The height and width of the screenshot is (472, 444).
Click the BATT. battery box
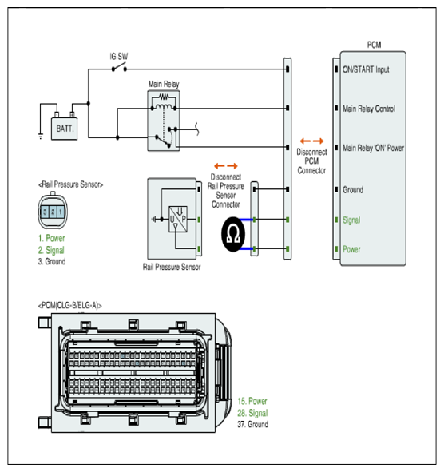(x=64, y=129)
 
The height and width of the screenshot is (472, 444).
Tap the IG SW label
(x=119, y=56)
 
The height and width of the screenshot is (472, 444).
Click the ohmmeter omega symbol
(x=233, y=234)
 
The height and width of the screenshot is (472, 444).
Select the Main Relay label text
(x=164, y=84)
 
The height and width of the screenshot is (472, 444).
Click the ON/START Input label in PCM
(x=366, y=69)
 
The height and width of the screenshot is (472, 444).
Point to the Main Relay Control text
(x=369, y=109)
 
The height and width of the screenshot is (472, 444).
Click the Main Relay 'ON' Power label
(x=373, y=148)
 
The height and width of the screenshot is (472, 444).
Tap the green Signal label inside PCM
(x=351, y=220)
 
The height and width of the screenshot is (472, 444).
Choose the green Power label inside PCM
(x=351, y=249)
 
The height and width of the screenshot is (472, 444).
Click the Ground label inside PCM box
(x=353, y=189)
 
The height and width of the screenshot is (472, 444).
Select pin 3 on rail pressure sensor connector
(x=45, y=212)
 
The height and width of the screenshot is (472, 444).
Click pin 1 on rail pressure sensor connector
(x=60, y=212)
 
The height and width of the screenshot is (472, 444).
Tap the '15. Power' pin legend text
(x=252, y=401)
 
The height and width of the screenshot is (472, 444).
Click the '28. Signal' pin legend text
(x=252, y=413)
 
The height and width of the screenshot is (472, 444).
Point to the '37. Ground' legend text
(x=252, y=424)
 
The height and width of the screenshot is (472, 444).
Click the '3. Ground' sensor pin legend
(x=52, y=261)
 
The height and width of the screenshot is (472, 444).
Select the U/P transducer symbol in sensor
(x=178, y=219)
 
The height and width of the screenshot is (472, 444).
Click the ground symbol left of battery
(x=41, y=136)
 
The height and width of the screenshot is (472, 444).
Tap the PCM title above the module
(x=374, y=45)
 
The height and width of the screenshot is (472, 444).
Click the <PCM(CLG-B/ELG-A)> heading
(x=69, y=306)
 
